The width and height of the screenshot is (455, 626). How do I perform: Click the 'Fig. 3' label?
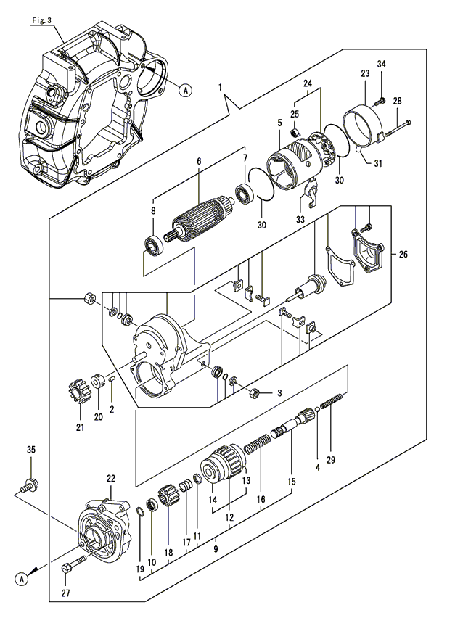coord(41,20)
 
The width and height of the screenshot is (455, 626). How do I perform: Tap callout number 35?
coord(30,450)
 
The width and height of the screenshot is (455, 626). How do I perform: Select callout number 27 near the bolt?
coord(66,593)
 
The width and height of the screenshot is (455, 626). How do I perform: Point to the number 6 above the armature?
coord(197,162)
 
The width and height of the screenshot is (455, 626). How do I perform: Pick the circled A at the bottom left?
coord(22,578)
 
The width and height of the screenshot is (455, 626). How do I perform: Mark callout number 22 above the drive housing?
coord(111,478)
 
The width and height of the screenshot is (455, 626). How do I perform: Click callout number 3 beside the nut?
coord(279,394)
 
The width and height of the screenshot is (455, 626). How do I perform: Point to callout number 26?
coord(403,254)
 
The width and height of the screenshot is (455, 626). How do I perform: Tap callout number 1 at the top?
coord(219,87)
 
